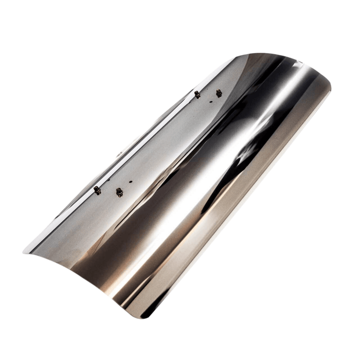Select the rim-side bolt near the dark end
coord(197,94)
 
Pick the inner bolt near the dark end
coord(219,93)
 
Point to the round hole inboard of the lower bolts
coord(131,182)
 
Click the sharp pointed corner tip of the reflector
coord(25,251)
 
